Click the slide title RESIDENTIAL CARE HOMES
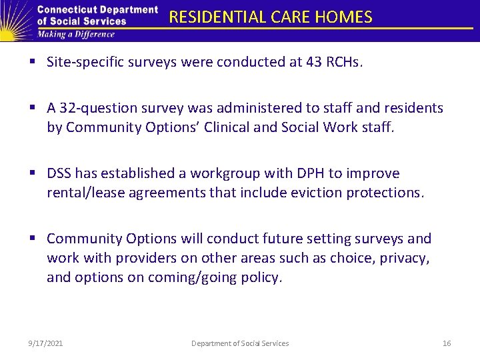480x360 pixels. point(270,17)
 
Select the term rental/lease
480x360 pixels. point(84,193)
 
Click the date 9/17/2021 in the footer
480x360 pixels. point(46,343)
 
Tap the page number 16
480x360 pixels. point(447,343)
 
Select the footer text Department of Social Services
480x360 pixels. point(240,343)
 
